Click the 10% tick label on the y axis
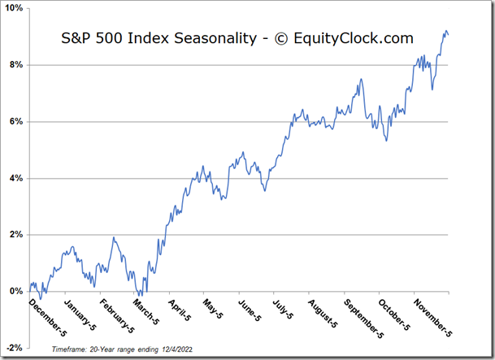tap(14, 8)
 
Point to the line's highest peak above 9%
tap(445, 31)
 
